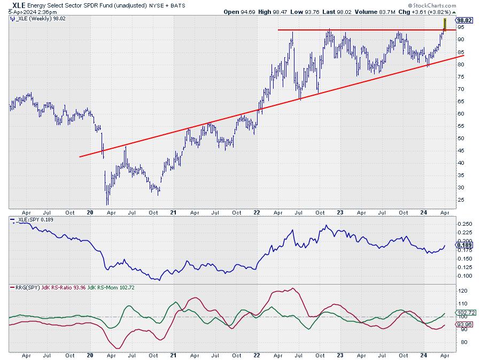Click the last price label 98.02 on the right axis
pos(463,20)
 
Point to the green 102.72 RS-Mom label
pos(463,312)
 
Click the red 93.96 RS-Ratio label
pos(462,324)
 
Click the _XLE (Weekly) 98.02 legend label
pos(34,18)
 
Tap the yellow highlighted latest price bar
pos(445,24)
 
